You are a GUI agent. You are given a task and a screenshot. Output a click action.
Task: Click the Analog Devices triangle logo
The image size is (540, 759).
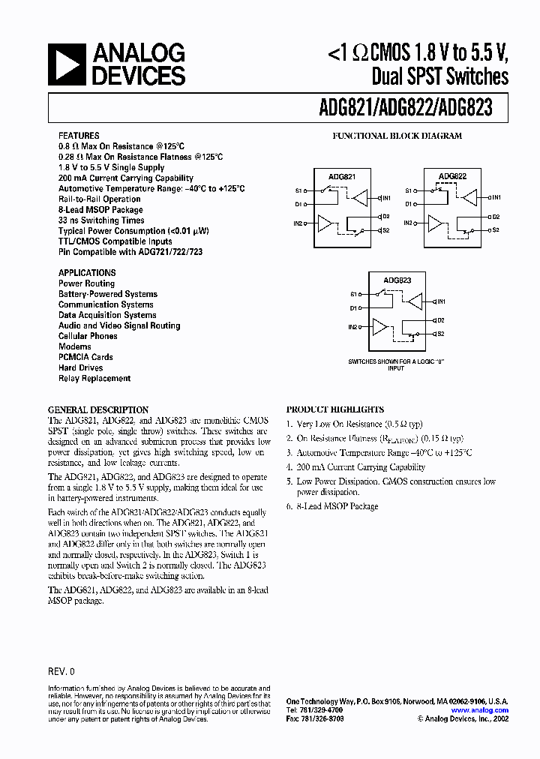pos(68,64)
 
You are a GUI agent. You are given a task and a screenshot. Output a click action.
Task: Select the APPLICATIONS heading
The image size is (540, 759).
pos(87,273)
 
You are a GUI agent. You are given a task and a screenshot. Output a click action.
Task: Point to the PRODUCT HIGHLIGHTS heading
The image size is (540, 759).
pos(334,410)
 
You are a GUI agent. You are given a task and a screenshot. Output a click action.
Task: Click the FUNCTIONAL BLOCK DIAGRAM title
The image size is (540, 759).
pos(397,136)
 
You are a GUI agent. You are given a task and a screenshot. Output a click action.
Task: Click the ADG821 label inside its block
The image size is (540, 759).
pos(342,177)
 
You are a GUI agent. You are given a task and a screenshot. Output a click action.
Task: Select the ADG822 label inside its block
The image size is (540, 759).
pos(452,177)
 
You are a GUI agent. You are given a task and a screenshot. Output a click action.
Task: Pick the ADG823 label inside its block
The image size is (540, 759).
pos(397,280)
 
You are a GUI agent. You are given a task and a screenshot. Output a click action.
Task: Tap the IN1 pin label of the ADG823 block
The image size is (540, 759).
pos(441,301)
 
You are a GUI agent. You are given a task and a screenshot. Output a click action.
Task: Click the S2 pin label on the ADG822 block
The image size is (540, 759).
pos(496,230)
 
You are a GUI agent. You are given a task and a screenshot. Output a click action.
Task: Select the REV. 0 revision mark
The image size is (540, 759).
pos(61,672)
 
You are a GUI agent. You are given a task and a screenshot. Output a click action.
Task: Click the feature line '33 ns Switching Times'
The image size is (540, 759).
pos(101,220)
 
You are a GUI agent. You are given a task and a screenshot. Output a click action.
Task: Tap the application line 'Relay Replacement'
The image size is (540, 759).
pos(94,379)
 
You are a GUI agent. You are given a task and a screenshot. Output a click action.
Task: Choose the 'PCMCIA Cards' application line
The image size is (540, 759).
pos(85,358)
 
